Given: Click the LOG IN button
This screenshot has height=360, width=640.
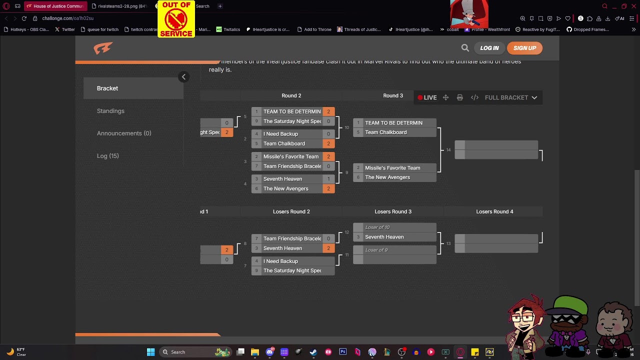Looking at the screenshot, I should click(x=489, y=48).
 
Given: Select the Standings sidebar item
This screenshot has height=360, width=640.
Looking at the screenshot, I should click(x=110, y=111).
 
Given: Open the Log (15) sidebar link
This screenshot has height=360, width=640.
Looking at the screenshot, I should click(x=107, y=156).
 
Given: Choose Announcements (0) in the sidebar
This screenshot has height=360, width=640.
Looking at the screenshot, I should click(x=124, y=133).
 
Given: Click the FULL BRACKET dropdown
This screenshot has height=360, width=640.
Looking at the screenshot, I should click(x=510, y=97).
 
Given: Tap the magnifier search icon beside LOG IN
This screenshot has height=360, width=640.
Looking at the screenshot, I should click(x=465, y=48).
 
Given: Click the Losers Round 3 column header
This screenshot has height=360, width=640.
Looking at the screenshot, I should click(x=393, y=211).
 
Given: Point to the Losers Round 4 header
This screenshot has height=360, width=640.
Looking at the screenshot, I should click(x=494, y=211).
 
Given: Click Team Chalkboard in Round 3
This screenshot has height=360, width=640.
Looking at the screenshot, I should click(x=385, y=132).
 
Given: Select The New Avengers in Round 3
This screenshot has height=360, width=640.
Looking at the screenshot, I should click(x=387, y=177).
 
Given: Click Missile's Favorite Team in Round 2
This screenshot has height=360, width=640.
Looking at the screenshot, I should click(x=290, y=156).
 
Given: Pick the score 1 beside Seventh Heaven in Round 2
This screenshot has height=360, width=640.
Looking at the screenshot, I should click(x=328, y=179).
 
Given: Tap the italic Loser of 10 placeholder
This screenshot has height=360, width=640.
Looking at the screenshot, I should click(x=377, y=227).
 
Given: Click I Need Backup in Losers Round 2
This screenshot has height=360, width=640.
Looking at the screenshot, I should click(x=280, y=261).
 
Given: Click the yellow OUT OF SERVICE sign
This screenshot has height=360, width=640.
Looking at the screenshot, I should click(x=176, y=19).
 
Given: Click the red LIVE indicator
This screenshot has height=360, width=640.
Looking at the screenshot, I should click(x=427, y=97).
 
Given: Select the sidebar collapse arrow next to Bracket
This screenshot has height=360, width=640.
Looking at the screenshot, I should click(x=183, y=77).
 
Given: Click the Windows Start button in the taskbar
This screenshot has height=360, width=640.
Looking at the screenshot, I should click(x=150, y=352).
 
